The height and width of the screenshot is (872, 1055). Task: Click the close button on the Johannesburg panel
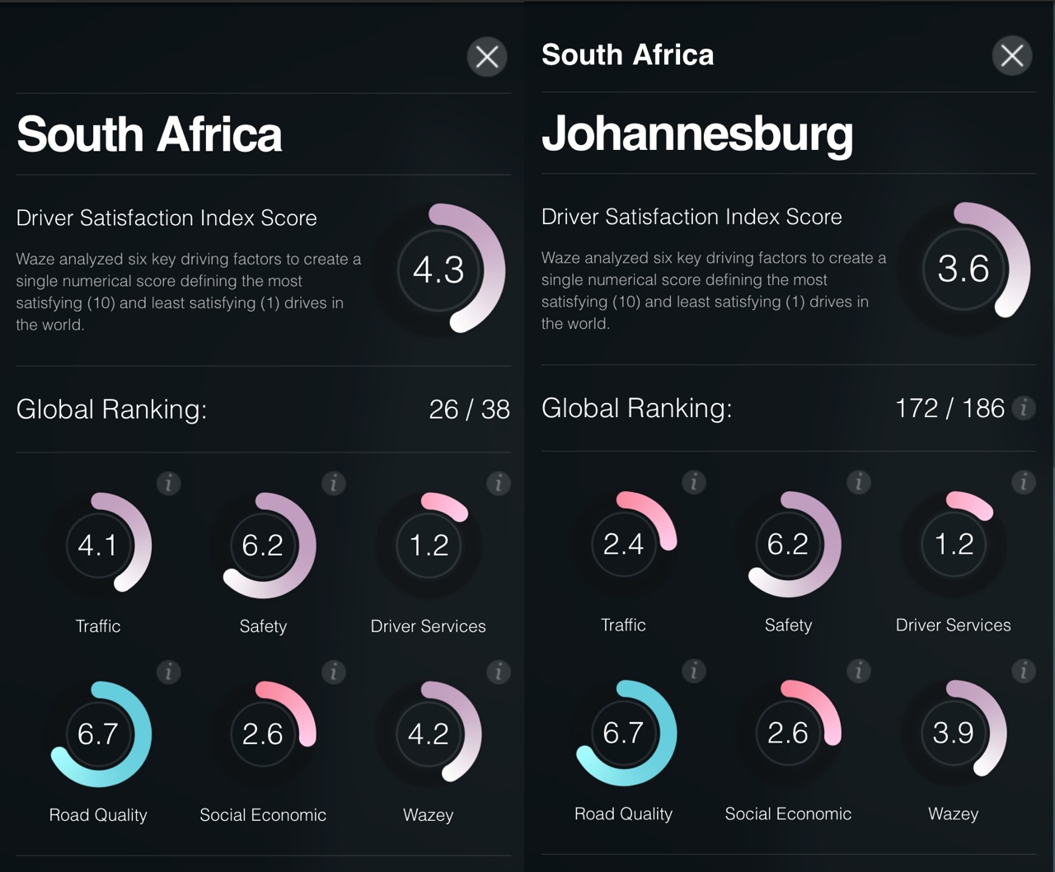1011,56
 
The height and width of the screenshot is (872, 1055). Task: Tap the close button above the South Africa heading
487,57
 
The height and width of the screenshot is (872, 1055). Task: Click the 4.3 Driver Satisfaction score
438,270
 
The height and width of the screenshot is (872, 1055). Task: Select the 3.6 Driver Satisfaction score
964,269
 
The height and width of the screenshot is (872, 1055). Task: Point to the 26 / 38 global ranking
469,409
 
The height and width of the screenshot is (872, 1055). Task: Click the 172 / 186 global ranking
949,408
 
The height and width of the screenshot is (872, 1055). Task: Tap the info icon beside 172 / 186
1024,408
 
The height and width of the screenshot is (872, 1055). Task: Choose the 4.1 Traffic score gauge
98,545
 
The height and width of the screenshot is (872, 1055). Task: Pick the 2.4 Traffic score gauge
623,544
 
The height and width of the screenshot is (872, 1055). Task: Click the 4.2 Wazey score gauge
429,734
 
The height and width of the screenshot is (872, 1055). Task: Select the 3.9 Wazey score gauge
954,733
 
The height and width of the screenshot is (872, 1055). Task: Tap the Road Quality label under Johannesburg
623,813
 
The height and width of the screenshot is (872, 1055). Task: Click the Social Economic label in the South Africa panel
263,814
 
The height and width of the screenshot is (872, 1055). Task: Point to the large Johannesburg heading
696,134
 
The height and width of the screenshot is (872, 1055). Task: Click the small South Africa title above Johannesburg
627,54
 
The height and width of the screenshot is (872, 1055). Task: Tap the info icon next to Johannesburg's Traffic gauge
694,482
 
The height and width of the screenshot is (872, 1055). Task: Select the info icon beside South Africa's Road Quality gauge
169,673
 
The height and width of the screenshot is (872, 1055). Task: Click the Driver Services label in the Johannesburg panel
953,625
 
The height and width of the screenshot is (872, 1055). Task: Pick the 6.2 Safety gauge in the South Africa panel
263,545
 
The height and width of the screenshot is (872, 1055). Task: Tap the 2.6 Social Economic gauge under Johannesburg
788,733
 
